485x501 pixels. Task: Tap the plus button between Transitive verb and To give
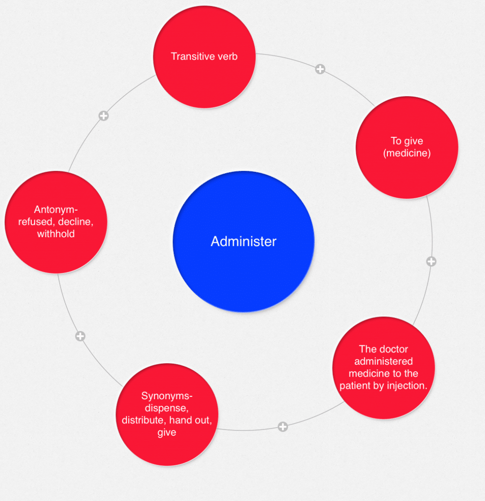click(x=320, y=69)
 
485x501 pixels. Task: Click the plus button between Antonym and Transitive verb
click(x=103, y=116)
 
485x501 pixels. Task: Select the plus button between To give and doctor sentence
click(x=431, y=261)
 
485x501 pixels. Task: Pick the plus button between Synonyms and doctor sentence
click(x=283, y=427)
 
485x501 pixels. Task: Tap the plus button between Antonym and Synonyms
click(x=81, y=336)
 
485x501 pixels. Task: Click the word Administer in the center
click(x=243, y=242)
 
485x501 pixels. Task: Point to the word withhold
click(x=56, y=234)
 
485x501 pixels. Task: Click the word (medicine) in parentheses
click(x=407, y=153)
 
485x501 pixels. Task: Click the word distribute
click(x=143, y=420)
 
